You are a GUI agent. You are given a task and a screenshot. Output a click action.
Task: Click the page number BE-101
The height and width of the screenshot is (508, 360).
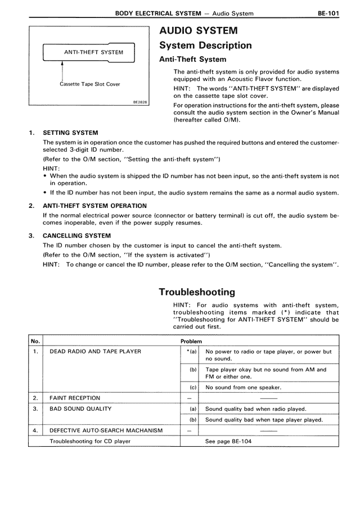click(x=326, y=12)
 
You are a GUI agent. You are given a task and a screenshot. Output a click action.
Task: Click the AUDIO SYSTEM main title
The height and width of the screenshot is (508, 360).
click(x=198, y=30)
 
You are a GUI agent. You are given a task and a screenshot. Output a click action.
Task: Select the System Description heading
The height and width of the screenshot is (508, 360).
click(x=205, y=45)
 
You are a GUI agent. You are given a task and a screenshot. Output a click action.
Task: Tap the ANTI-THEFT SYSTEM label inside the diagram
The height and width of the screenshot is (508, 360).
click(x=90, y=53)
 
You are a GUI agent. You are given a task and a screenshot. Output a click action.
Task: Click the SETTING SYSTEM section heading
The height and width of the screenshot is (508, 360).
click(x=70, y=133)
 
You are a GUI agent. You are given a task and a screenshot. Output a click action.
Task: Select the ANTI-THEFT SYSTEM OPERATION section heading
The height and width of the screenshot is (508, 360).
click(x=95, y=206)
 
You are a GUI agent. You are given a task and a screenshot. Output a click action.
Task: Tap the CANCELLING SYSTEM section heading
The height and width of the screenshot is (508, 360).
click(x=76, y=235)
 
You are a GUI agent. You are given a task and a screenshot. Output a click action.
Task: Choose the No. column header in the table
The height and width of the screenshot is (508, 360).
click(x=34, y=341)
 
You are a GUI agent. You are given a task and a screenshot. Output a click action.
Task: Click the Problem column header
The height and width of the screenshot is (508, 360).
click(x=191, y=341)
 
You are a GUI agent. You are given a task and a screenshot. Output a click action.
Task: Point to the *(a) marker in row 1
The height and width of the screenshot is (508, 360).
click(x=191, y=352)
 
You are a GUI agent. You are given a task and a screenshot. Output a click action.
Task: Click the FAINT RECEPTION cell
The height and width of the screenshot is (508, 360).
click(x=75, y=398)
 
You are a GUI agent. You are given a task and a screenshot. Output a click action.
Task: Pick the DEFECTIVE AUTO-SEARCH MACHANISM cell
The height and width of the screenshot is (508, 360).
click(x=106, y=430)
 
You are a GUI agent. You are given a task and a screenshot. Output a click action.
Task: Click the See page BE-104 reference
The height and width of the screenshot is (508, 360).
click(x=228, y=441)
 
